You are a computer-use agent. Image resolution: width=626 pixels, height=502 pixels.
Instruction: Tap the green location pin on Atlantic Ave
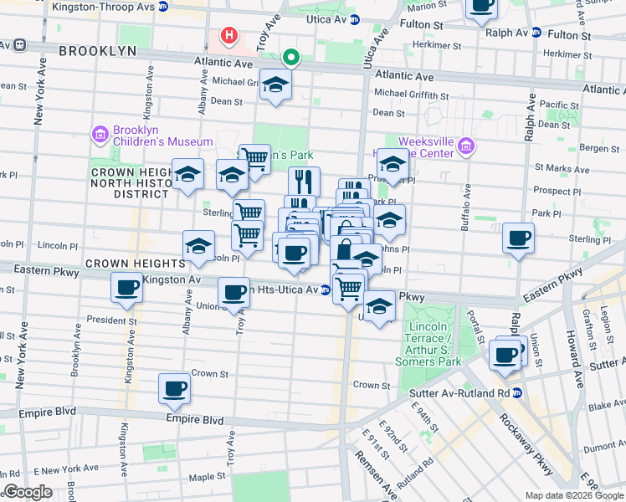point(290,58)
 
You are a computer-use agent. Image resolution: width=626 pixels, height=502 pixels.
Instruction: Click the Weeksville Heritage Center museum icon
point(466,148)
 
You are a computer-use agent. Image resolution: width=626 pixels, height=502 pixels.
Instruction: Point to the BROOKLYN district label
point(97,51)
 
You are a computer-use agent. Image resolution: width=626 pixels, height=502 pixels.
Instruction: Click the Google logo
point(27,492)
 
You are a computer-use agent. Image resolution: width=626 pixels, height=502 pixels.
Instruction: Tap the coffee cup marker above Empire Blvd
point(175,388)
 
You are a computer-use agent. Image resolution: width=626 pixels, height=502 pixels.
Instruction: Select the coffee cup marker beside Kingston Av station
point(127,289)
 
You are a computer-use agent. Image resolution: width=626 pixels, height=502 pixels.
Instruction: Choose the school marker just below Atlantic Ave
point(275,85)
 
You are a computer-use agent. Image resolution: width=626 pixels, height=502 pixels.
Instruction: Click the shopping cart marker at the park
point(254,158)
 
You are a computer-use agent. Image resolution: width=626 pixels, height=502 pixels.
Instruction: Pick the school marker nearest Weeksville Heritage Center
point(392,163)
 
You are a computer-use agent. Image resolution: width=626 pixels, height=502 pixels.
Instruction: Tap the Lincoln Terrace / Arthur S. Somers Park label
point(432,344)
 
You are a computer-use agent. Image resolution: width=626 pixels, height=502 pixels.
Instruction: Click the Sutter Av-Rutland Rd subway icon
point(517,392)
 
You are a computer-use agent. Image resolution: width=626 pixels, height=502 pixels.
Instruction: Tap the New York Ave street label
point(38,103)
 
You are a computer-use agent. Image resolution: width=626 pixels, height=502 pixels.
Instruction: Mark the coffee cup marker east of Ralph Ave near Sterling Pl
point(518,238)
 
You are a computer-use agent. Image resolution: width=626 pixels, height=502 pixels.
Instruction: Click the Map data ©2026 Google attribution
point(574,495)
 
